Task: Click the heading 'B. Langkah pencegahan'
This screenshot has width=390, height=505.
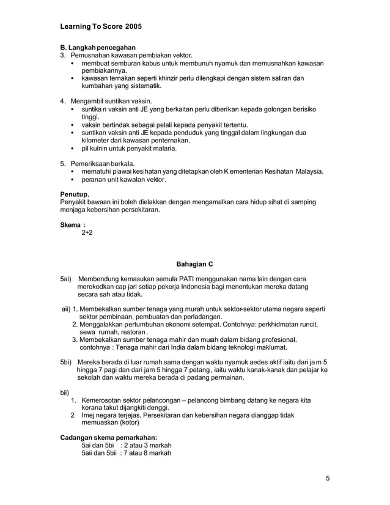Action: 98,48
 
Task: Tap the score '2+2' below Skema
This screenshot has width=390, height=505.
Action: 89,233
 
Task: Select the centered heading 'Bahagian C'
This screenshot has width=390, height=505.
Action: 194,264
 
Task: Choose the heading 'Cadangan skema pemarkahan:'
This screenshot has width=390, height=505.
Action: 108,438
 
